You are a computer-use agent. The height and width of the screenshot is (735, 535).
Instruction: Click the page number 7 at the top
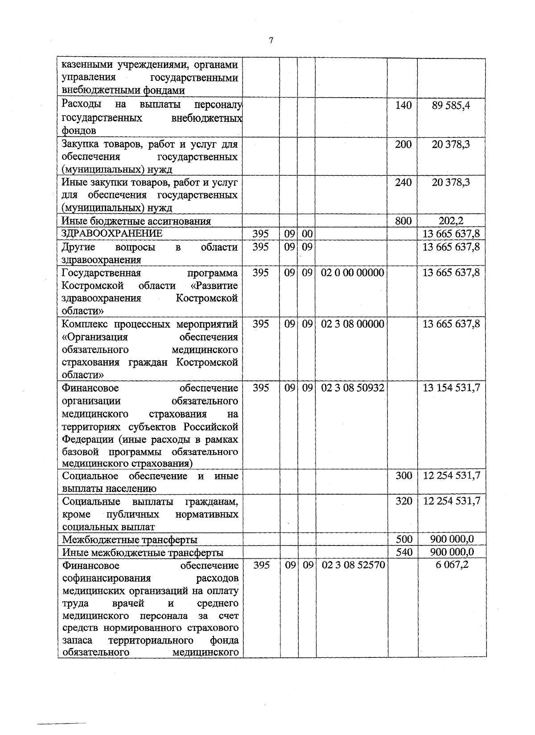271,41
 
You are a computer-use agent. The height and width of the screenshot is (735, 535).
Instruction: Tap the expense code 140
403,106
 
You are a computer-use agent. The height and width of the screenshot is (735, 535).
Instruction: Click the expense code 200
403,144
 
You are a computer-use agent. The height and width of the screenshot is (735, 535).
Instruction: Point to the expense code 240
403,182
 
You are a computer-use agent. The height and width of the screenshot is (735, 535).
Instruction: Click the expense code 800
403,221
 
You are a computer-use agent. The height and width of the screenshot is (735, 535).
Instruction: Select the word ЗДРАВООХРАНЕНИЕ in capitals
112,233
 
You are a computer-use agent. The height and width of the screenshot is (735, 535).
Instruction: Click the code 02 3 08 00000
352,324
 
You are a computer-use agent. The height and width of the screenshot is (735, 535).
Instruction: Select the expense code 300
404,476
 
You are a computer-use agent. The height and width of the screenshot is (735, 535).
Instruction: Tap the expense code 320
404,501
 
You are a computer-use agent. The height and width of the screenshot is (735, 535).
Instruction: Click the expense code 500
404,539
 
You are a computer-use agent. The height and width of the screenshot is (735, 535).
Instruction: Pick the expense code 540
404,552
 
